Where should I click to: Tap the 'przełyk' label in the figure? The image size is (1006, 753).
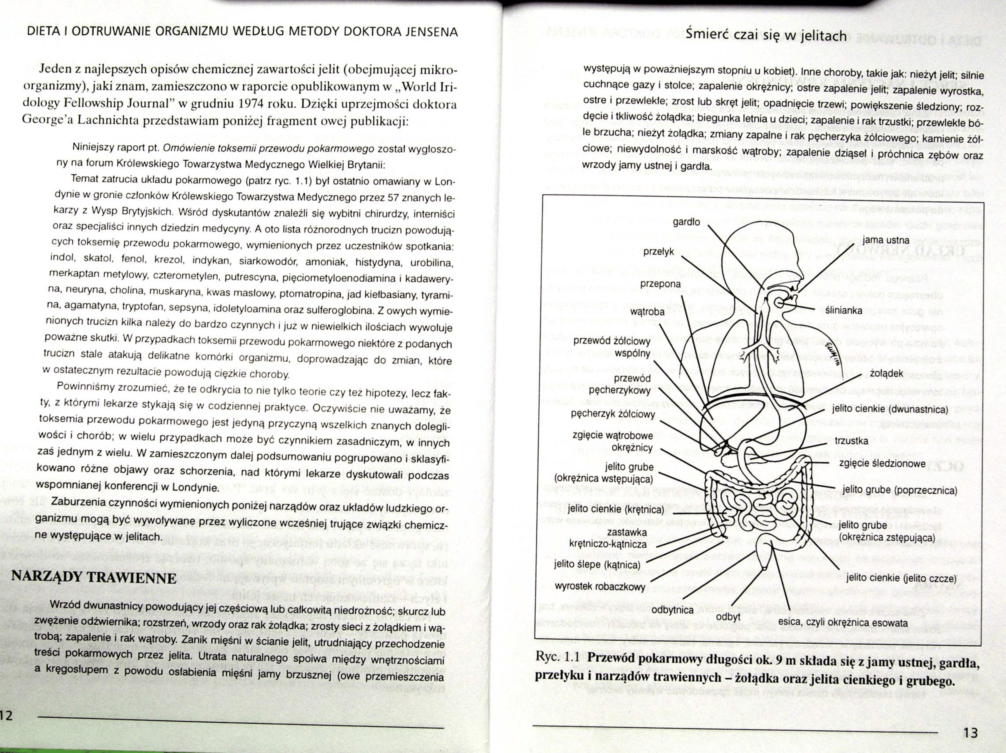pyautogui.click(x=659, y=251)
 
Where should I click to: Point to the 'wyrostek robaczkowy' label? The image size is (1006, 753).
pyautogui.click(x=599, y=586)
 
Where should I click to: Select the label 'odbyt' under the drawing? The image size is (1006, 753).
pyautogui.click(x=728, y=617)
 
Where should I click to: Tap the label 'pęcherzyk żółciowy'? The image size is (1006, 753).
pyautogui.click(x=613, y=414)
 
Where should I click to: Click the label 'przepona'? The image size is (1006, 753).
pyautogui.click(x=660, y=284)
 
